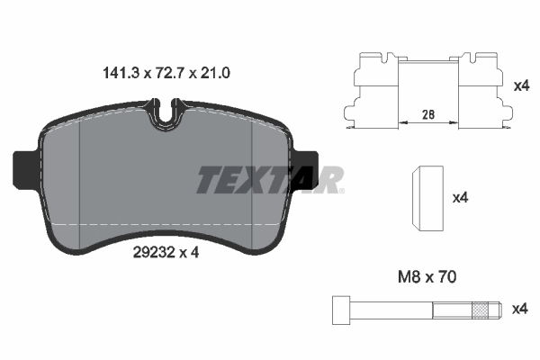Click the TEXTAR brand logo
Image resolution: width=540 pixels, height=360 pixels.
click(270, 180)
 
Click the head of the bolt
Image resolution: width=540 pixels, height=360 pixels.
click(339, 310)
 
